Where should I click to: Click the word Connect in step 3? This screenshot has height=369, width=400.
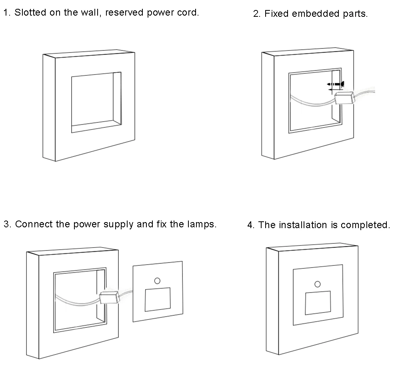(34, 224)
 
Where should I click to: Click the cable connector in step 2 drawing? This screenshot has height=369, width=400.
(344, 98)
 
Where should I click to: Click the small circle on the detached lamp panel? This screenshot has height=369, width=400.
(157, 281)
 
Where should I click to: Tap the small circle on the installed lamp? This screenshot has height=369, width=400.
(318, 284)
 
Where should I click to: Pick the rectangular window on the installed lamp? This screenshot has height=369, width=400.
(318, 303)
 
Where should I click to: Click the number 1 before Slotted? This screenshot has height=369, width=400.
(6, 12)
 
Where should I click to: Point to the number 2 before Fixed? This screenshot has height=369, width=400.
(256, 14)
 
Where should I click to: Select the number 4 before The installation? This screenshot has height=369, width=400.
(250, 225)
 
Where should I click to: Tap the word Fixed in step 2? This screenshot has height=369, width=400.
(276, 14)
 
